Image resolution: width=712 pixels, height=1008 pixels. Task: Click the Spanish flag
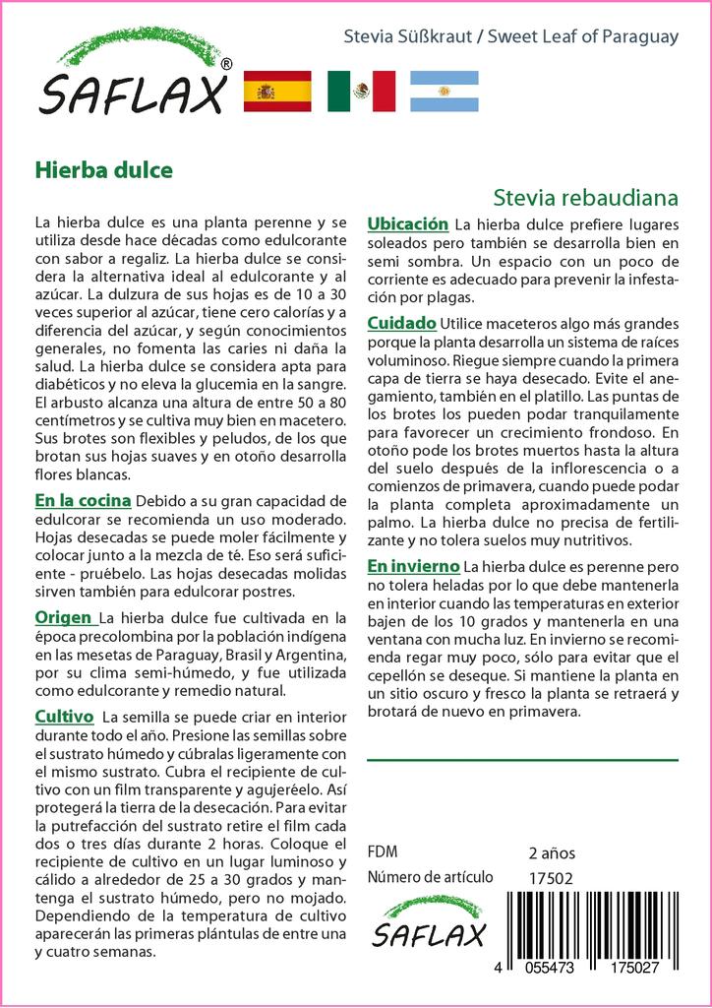(x=276, y=92)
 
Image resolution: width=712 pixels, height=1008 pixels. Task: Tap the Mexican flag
(x=361, y=92)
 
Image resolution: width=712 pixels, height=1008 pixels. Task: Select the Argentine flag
(x=444, y=92)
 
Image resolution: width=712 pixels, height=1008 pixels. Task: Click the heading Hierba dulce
(x=103, y=169)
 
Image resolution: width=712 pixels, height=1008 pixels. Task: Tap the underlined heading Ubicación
(x=407, y=224)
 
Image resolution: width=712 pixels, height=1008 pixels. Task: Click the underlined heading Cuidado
(x=401, y=323)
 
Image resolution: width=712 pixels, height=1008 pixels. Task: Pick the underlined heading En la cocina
(x=82, y=501)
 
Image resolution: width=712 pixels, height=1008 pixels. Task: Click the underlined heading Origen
(x=65, y=618)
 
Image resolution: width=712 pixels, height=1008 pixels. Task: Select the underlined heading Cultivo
(x=64, y=716)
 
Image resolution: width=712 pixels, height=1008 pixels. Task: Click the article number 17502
(x=550, y=878)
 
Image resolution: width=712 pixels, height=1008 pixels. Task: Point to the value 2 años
(x=552, y=852)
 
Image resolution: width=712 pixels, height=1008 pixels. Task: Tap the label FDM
(x=383, y=852)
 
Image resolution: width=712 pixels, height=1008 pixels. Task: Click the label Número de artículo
(x=429, y=878)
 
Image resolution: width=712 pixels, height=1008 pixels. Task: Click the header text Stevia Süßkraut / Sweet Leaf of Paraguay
(x=510, y=37)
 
